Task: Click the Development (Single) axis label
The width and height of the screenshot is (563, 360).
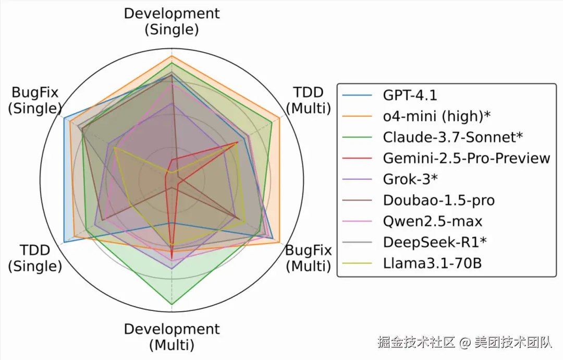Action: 172,21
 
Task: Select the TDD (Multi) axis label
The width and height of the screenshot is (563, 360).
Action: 309,100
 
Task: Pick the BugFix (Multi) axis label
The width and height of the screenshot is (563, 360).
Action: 308,258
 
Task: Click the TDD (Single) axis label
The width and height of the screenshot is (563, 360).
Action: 35,258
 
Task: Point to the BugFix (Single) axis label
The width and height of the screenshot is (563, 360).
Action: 35,100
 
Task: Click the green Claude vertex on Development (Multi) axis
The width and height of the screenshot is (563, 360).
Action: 172,304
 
